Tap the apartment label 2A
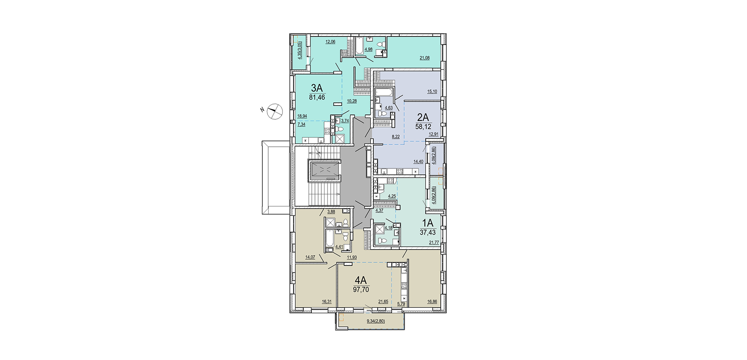coord(423,117)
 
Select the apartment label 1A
coord(427,223)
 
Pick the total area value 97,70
coord(361,289)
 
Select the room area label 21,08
coord(424,58)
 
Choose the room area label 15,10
coord(432,91)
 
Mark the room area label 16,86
coord(432,301)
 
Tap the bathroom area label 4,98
coord(369,49)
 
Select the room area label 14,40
coord(418,162)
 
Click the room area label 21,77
coord(434,243)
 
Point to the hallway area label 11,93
coord(352,257)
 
